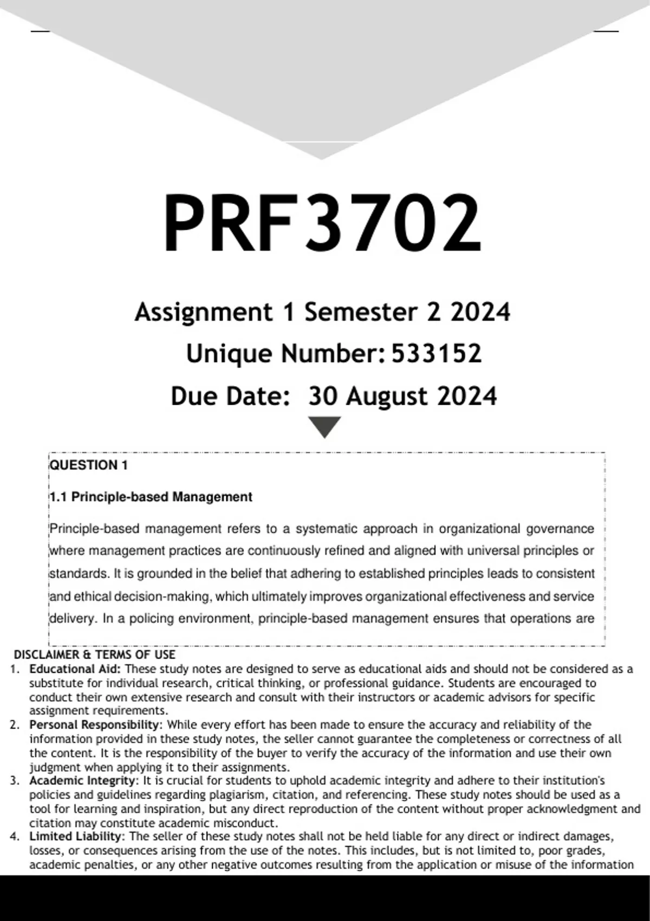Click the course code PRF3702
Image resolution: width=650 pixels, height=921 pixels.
(322, 223)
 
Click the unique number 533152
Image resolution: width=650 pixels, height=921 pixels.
(436, 354)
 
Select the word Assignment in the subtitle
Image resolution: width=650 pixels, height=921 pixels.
(204, 312)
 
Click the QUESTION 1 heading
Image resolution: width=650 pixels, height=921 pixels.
(89, 465)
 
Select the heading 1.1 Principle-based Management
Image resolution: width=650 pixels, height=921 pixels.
(151, 497)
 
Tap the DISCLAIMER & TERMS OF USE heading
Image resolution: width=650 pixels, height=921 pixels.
(95, 654)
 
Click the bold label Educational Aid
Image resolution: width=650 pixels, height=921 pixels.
(74, 669)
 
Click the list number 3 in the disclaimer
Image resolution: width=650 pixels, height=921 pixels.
(15, 781)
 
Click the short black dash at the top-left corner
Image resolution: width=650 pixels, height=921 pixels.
(40, 31)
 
